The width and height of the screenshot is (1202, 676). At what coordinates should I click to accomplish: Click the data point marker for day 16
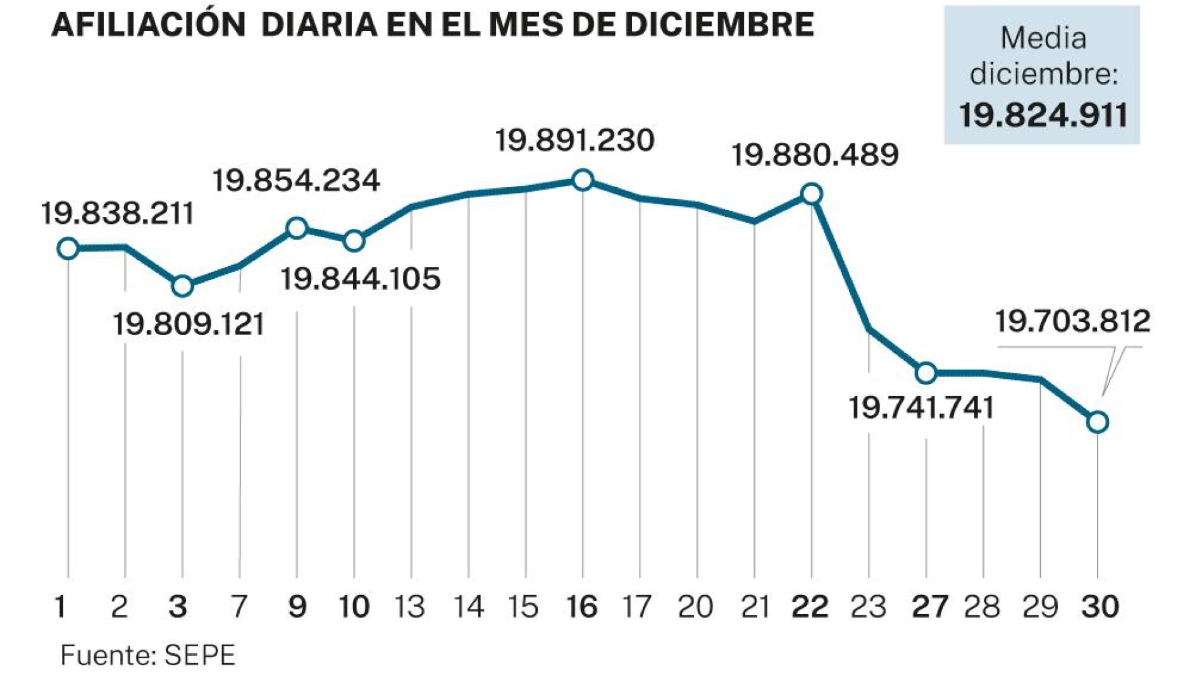[582, 180]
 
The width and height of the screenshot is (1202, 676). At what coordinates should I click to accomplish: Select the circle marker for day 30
[1098, 422]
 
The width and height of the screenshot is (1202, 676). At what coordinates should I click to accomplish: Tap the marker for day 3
[182, 286]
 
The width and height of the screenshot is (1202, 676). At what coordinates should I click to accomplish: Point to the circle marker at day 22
[812, 194]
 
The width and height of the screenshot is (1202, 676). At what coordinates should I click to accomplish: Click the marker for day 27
[926, 373]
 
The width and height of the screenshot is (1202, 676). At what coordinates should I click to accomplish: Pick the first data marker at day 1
[68, 249]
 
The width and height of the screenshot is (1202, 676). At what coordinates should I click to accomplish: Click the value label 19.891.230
[574, 140]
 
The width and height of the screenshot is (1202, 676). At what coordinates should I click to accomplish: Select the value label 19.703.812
[1072, 321]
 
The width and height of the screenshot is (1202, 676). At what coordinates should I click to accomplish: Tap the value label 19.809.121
[189, 324]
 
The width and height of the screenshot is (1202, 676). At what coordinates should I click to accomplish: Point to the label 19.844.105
[361, 279]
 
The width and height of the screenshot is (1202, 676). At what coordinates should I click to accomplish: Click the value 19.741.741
[921, 408]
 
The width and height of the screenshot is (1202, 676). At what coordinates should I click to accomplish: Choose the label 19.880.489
[815, 155]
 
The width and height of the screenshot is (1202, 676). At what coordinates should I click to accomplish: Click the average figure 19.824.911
[1043, 116]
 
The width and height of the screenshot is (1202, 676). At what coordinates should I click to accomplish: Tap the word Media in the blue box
[1043, 39]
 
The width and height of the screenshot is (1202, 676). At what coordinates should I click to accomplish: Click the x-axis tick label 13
[410, 607]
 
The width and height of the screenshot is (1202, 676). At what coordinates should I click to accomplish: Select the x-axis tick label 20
[695, 607]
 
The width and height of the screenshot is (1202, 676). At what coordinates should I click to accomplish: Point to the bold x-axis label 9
[297, 607]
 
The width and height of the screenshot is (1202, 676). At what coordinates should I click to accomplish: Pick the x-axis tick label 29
[1040, 607]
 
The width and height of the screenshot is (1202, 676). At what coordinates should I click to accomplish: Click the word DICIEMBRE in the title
[719, 25]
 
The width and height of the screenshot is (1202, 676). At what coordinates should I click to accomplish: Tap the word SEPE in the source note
[200, 656]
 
